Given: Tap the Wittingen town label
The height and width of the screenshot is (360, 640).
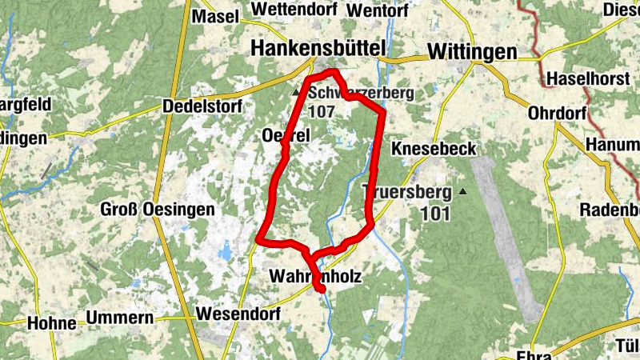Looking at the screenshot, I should tap(472, 51).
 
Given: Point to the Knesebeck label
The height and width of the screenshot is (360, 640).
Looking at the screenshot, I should tap(434, 149).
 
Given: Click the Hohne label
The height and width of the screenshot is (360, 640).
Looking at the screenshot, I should tap(51, 323).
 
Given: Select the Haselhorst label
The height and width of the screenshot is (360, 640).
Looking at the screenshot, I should tap(588, 80).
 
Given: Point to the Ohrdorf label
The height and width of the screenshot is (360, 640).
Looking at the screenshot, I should tap(558, 113).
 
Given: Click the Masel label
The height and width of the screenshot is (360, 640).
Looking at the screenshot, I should tap(216, 16).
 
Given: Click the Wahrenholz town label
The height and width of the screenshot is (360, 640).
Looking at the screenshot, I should tap(316, 277).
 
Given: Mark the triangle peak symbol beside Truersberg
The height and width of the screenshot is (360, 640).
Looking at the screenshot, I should tap(463, 192).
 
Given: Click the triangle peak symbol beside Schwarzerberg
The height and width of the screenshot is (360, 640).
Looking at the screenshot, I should tap(296, 94).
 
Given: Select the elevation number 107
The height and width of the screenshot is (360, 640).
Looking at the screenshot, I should tap(320, 112).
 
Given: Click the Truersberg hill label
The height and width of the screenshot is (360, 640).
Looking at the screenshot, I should tap(408, 192).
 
